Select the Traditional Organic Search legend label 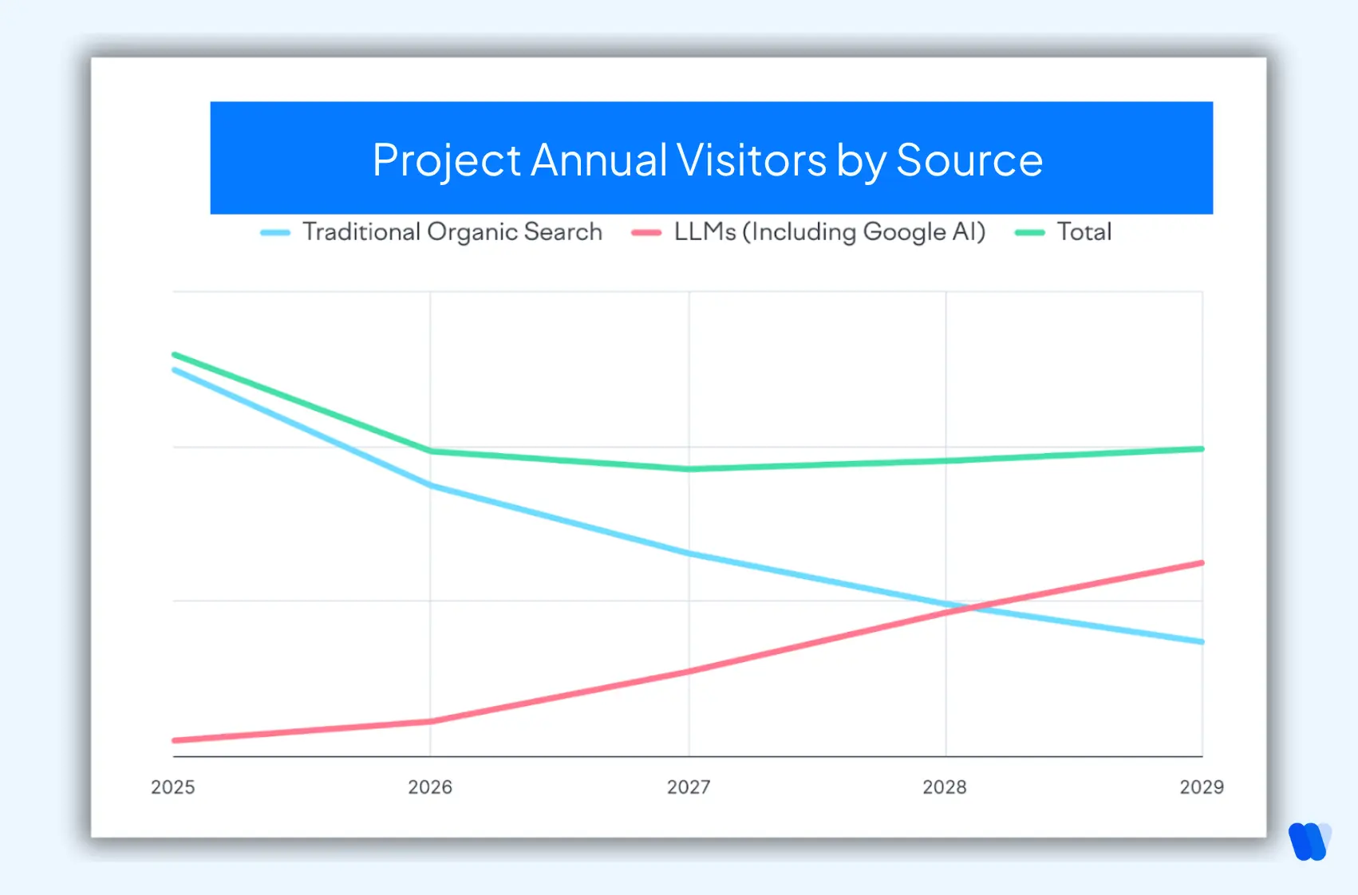pyautogui.click(x=452, y=232)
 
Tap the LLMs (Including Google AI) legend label pyautogui.click(x=830, y=232)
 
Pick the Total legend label pyautogui.click(x=1084, y=232)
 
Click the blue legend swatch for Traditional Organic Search pyautogui.click(x=275, y=233)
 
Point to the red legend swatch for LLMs pyautogui.click(x=646, y=233)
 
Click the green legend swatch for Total pyautogui.click(x=1029, y=233)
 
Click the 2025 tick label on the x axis pyautogui.click(x=173, y=787)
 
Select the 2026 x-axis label pyautogui.click(x=430, y=787)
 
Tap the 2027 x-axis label pyautogui.click(x=689, y=787)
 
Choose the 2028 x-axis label pyautogui.click(x=945, y=787)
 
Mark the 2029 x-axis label pyautogui.click(x=1202, y=787)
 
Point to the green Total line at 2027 pyautogui.click(x=689, y=469)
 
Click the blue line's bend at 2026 pyautogui.click(x=431, y=485)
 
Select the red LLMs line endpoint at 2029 pyautogui.click(x=1201, y=563)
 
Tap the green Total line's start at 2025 pyautogui.click(x=175, y=355)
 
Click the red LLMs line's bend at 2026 pyautogui.click(x=431, y=721)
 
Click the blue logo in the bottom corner pyautogui.click(x=1309, y=842)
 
